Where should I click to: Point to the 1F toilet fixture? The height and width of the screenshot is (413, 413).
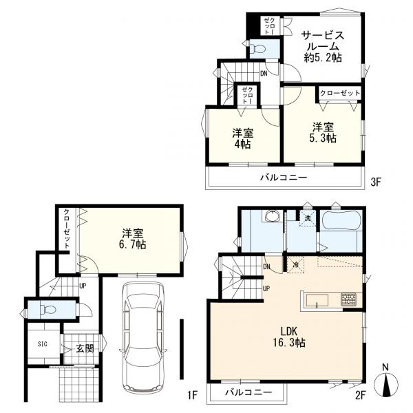[47, 308]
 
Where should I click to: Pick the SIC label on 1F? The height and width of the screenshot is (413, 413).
[43, 343]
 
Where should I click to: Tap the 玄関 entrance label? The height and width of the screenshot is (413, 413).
[85, 348]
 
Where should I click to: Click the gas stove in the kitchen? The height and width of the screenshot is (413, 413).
[348, 299]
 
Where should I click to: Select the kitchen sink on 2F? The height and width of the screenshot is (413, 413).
[317, 301]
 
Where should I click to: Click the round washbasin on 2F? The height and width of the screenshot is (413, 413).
[273, 217]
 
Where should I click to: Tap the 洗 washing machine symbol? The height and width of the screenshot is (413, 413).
[308, 218]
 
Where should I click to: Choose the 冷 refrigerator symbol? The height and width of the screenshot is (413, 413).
[295, 265]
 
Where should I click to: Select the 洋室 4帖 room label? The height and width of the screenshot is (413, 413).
[242, 138]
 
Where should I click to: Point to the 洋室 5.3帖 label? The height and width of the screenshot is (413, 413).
[323, 132]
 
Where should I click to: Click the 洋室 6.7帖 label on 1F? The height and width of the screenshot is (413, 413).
[132, 239]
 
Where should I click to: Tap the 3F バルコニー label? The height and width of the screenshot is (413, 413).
[284, 178]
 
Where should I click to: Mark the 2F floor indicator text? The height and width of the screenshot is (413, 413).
[360, 395]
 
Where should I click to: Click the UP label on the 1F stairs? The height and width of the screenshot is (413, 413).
[83, 286]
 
